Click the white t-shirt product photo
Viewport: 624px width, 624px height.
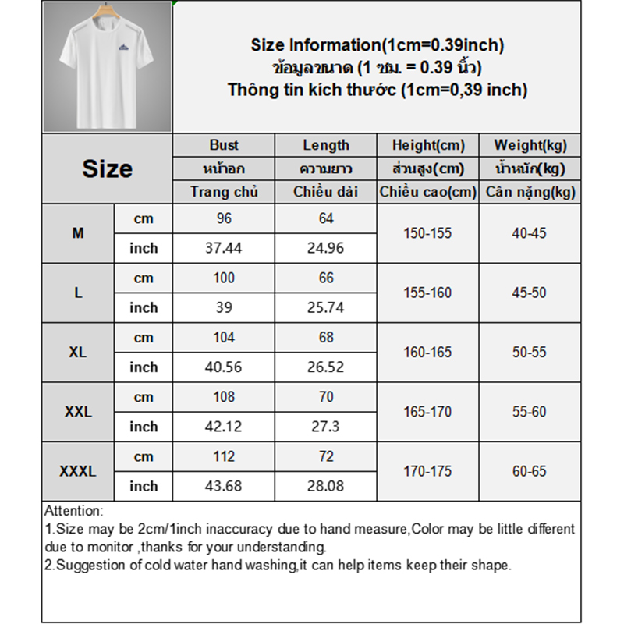point(107,66)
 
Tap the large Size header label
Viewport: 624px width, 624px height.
point(107,168)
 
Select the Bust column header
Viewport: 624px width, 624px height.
point(224,145)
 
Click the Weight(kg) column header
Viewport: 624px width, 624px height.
point(530,145)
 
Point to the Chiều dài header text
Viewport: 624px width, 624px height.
point(326,192)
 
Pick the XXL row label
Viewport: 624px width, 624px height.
point(78,412)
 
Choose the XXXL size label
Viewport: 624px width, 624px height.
point(78,471)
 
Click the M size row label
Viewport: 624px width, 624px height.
point(78,233)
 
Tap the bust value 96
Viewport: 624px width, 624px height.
point(224,218)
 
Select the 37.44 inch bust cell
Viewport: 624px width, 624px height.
point(224,248)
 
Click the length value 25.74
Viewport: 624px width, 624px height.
point(326,307)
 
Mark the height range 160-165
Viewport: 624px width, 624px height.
point(427,353)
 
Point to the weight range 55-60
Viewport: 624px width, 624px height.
point(530,412)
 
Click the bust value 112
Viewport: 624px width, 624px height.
point(224,456)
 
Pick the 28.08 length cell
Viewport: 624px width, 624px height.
point(326,486)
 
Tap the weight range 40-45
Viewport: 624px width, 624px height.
point(530,233)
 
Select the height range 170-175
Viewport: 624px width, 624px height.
point(427,471)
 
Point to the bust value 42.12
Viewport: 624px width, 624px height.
point(224,427)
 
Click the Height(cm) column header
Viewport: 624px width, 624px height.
point(427,145)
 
